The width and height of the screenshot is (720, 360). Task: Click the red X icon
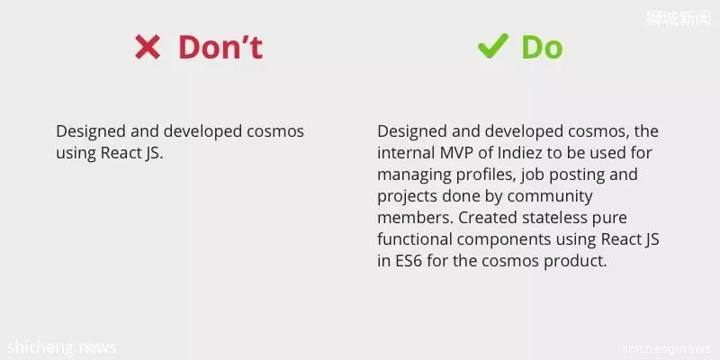click(148, 48)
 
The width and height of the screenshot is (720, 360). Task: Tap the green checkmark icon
click(493, 46)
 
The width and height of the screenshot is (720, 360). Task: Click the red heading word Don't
click(220, 48)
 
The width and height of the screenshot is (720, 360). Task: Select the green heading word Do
click(542, 48)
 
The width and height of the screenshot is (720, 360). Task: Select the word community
click(550, 196)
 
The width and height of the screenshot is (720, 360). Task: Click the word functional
click(414, 239)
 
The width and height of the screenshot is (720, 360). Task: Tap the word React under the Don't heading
click(120, 153)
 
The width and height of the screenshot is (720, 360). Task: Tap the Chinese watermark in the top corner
click(679, 18)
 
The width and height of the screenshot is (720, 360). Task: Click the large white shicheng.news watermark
click(61, 347)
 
